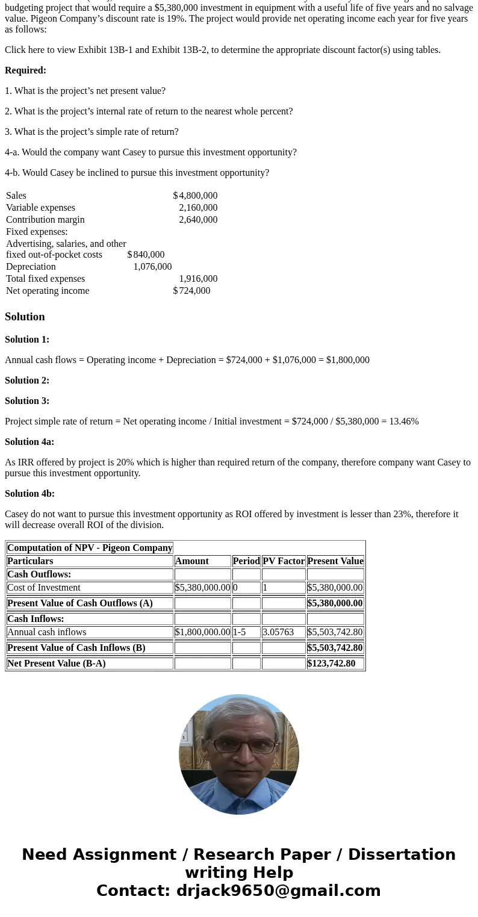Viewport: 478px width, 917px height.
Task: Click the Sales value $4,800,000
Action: (x=196, y=196)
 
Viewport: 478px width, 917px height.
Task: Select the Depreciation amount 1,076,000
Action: (x=152, y=267)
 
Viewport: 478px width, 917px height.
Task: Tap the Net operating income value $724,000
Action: (x=192, y=291)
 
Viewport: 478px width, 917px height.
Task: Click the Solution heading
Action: (x=25, y=317)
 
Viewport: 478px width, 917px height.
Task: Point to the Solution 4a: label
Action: (x=29, y=442)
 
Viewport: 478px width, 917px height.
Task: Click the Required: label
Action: (x=25, y=70)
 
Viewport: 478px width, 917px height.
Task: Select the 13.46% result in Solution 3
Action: (x=403, y=421)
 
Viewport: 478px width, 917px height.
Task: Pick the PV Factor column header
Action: (x=284, y=561)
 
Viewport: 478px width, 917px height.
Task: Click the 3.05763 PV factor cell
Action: (x=278, y=632)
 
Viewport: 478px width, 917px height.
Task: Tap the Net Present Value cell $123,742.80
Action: (x=331, y=664)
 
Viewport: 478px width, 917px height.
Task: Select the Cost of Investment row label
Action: (x=44, y=588)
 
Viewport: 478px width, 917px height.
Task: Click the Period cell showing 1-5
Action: (x=240, y=632)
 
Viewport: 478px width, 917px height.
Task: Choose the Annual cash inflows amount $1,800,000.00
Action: (x=202, y=632)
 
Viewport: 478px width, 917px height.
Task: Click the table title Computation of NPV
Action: (x=90, y=548)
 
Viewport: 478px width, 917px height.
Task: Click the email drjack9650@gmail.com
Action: (x=278, y=891)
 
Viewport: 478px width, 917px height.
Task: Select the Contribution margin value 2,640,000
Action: (x=198, y=220)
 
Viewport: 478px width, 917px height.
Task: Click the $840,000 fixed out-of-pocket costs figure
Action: (x=146, y=255)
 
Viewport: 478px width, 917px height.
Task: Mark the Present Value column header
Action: (x=335, y=561)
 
